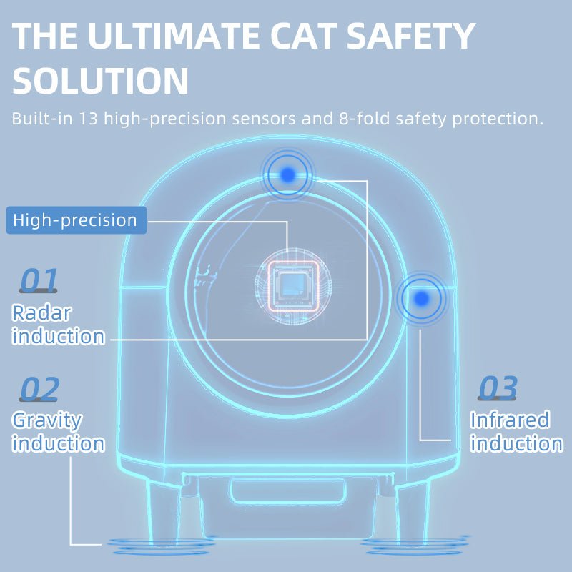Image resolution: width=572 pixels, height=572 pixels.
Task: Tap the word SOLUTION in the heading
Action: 101,81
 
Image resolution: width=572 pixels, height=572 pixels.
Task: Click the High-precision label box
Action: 76,220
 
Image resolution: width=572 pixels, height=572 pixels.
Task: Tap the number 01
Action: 39,281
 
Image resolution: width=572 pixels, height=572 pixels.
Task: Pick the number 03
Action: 498,388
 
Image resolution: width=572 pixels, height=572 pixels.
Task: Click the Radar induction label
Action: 58,325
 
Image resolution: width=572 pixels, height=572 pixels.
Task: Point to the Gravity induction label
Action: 58,432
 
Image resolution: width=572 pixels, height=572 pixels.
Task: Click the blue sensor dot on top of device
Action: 288,174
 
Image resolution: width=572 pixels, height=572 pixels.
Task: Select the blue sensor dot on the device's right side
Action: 422,297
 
